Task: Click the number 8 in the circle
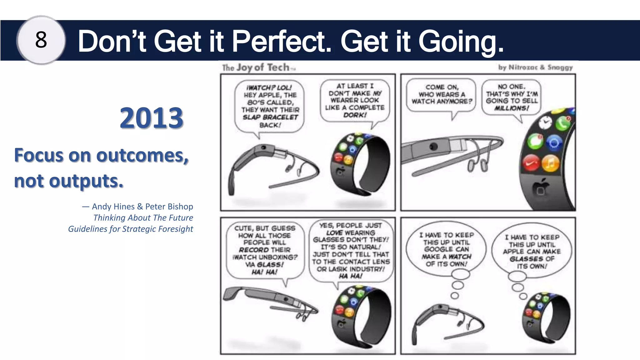(41, 40)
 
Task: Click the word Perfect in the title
(281, 41)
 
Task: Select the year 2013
(151, 118)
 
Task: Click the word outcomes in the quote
(142, 155)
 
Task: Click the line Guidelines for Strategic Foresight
(131, 229)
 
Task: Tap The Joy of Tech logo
(258, 67)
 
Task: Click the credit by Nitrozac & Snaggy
(535, 67)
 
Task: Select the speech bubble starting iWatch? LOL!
(269, 106)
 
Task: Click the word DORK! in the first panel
(355, 115)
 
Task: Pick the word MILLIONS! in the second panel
(512, 108)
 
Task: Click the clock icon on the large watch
(545, 122)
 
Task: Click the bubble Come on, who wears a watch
(441, 94)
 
